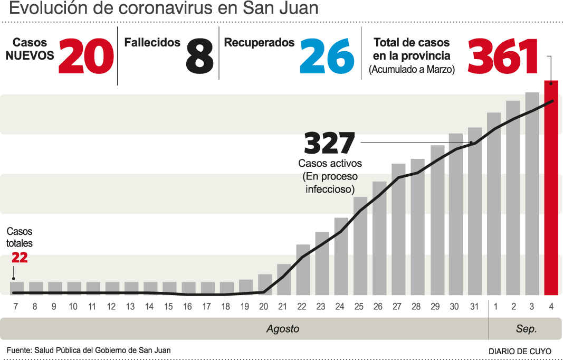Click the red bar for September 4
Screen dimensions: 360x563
[551, 187]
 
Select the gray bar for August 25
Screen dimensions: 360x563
[360, 245]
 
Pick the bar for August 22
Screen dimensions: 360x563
[303, 269]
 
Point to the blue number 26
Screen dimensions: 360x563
[327, 56]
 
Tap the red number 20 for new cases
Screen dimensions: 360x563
[86, 56]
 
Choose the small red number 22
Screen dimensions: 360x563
[20, 258]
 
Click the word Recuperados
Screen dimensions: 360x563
[259, 43]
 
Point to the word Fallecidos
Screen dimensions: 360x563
[152, 43]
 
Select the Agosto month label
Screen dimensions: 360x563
[282, 329]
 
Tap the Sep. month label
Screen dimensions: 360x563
[526, 329]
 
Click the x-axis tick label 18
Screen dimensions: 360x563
[226, 307]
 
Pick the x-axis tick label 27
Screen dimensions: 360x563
[397, 307]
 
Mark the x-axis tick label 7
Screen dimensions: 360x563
[16, 307]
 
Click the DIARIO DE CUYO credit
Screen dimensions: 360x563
[520, 351]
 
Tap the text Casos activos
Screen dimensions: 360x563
[330, 164]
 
